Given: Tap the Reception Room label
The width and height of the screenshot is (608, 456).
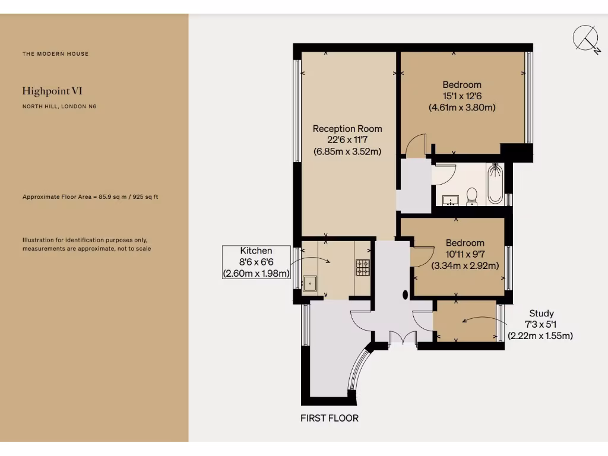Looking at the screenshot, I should (x=347, y=129).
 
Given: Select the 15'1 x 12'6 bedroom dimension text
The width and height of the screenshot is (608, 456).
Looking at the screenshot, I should (x=462, y=96).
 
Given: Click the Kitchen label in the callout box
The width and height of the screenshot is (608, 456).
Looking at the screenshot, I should (x=256, y=251).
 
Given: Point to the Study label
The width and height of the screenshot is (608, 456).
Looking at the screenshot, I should (x=541, y=313).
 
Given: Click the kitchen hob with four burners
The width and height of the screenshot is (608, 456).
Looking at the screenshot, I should (x=362, y=267).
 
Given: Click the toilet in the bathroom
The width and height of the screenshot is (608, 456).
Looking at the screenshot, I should (x=472, y=196).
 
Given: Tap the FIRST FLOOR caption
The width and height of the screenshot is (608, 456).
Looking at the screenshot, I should (x=330, y=418).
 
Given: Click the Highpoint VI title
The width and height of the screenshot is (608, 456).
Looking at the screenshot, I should (x=52, y=91).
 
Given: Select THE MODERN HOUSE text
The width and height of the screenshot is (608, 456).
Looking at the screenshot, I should (x=55, y=54).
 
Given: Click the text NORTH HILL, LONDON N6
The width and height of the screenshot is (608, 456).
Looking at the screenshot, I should (x=59, y=107).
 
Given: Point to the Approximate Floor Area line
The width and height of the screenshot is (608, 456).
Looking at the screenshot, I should (x=90, y=197).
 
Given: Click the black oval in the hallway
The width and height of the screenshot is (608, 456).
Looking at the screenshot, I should (x=406, y=294).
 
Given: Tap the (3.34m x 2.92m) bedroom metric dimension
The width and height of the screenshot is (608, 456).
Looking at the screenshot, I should (x=465, y=265).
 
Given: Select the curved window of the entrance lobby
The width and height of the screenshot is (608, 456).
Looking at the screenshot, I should (x=359, y=370).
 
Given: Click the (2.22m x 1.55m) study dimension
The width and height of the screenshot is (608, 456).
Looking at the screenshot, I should (x=540, y=336).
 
